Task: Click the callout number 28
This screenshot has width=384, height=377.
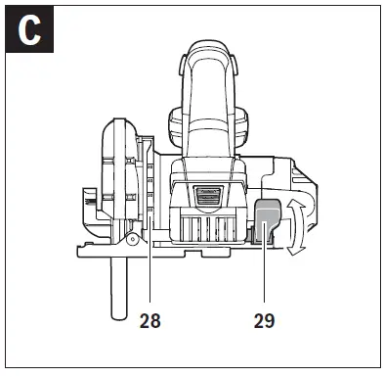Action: (x=149, y=319)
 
